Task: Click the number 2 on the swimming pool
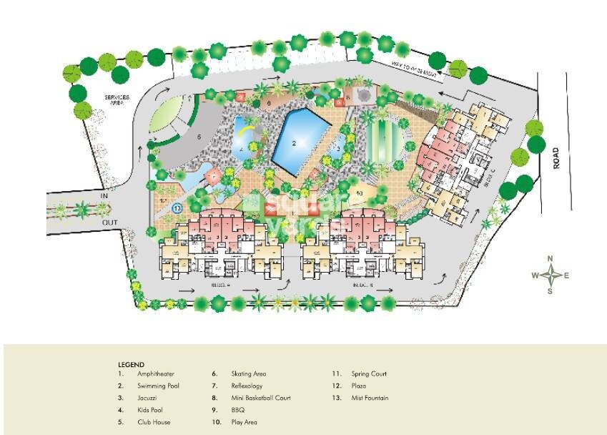(x=294, y=143)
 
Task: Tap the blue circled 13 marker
(x=177, y=207)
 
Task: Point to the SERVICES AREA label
(x=115, y=99)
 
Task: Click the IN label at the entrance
(x=104, y=194)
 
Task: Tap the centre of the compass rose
(x=551, y=275)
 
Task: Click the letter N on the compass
(x=551, y=259)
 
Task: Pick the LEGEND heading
(x=131, y=365)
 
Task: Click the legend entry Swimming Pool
(x=159, y=386)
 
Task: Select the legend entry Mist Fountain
(x=370, y=399)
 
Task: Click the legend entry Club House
(x=154, y=423)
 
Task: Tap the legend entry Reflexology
(x=247, y=386)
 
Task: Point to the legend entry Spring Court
(x=368, y=374)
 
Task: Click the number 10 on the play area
(x=360, y=193)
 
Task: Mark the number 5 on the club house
(x=200, y=135)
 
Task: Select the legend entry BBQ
(x=237, y=411)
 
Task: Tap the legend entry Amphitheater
(x=156, y=374)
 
